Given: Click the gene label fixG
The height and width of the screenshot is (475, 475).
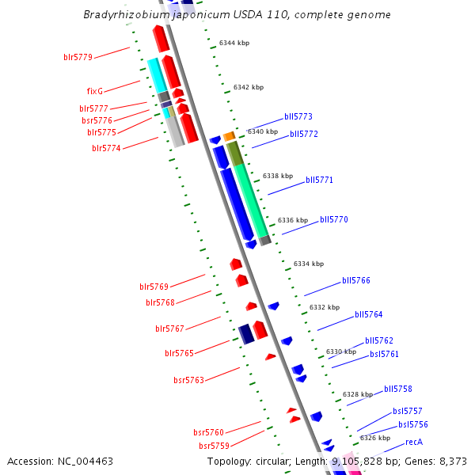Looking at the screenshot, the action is pyautogui.click(x=95, y=91).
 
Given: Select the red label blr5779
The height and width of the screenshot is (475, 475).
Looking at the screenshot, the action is pyautogui.click(x=78, y=57).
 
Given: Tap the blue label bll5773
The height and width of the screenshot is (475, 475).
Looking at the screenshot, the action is pyautogui.click(x=298, y=116).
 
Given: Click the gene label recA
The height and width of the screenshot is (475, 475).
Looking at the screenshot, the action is pyautogui.click(x=414, y=442).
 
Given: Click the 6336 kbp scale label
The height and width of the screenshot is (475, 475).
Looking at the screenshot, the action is pyautogui.click(x=292, y=220).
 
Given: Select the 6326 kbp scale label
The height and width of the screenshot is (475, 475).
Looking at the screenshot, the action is pyautogui.click(x=375, y=438).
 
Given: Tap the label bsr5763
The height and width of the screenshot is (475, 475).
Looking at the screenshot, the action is pyautogui.click(x=189, y=381).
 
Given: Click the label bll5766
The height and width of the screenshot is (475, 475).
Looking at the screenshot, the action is pyautogui.click(x=356, y=280).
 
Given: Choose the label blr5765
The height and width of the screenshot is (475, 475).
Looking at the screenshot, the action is pyautogui.click(x=179, y=353).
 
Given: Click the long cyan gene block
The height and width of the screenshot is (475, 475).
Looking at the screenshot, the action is pyautogui.click(x=156, y=74).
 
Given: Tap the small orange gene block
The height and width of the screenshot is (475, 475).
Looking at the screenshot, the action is pyautogui.click(x=229, y=136).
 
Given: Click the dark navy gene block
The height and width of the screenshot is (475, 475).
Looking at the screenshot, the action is pyautogui.click(x=246, y=333).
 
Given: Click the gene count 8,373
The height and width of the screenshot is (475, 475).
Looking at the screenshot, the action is pyautogui.click(x=453, y=461).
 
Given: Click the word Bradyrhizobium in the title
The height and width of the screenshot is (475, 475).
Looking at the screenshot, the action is pyautogui.click(x=120, y=15).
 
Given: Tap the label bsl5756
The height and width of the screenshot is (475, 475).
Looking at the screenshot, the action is pyautogui.click(x=413, y=424).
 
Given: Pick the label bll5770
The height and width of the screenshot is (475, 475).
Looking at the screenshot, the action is pyautogui.click(x=334, y=219).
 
